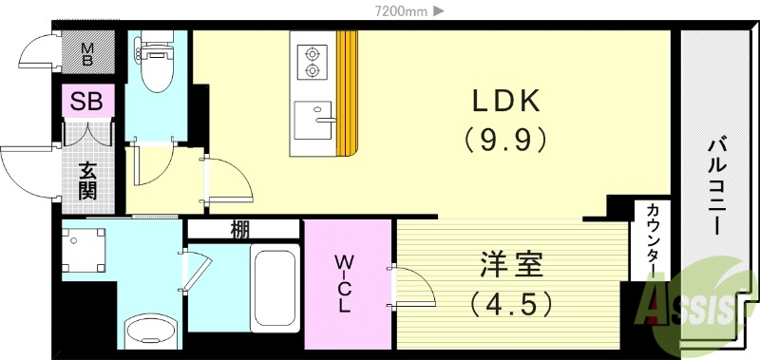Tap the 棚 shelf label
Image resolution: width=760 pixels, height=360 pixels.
point(240,228)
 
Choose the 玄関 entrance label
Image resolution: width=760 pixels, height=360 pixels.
point(87,180)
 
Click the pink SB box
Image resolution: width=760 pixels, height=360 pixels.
point(88,100)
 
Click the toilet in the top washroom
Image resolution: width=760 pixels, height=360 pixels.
point(154,59)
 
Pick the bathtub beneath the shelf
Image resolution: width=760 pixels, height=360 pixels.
point(275,285)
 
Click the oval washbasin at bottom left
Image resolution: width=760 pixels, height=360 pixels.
point(151,332)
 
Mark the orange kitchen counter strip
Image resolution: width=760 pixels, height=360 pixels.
point(347,93)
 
